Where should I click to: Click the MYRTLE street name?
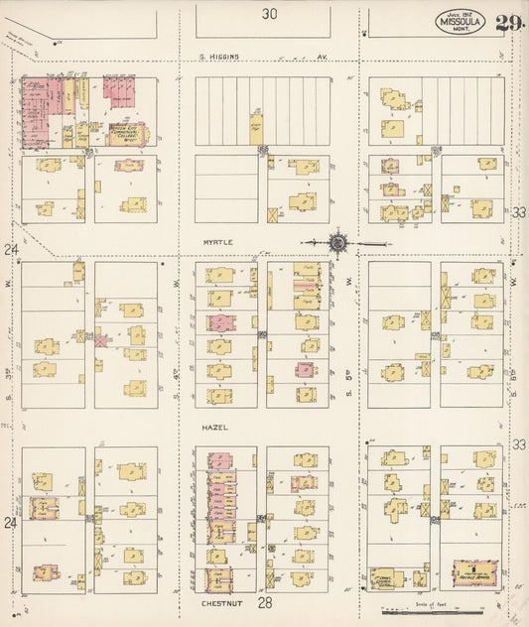tap(216, 240)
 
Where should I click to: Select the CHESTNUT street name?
tap(215, 600)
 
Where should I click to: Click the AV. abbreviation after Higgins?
tap(322, 57)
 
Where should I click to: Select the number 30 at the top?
tap(270, 14)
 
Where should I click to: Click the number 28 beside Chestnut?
tap(264, 602)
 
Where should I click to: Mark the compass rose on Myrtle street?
tap(337, 241)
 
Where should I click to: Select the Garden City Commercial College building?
tap(126, 132)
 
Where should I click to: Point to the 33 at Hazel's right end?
tap(518, 445)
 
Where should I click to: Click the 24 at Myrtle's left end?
tap(11, 249)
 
